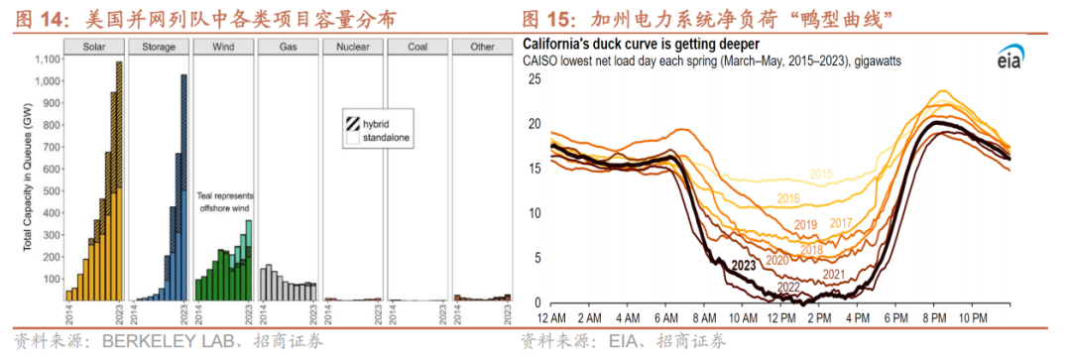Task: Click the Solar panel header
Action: click(x=94, y=48)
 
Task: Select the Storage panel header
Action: click(x=159, y=48)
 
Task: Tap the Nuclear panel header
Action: click(x=353, y=48)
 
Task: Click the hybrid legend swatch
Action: click(x=353, y=124)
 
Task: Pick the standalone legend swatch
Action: click(x=353, y=139)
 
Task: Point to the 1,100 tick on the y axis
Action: click(x=47, y=59)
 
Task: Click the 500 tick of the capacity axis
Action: click(x=52, y=190)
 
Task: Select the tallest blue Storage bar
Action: click(x=183, y=187)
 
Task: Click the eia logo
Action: click(x=1009, y=60)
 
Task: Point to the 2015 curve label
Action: click(x=821, y=175)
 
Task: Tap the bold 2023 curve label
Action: click(x=743, y=265)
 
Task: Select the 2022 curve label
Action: click(x=789, y=287)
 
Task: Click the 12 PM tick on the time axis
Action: click(x=782, y=319)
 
